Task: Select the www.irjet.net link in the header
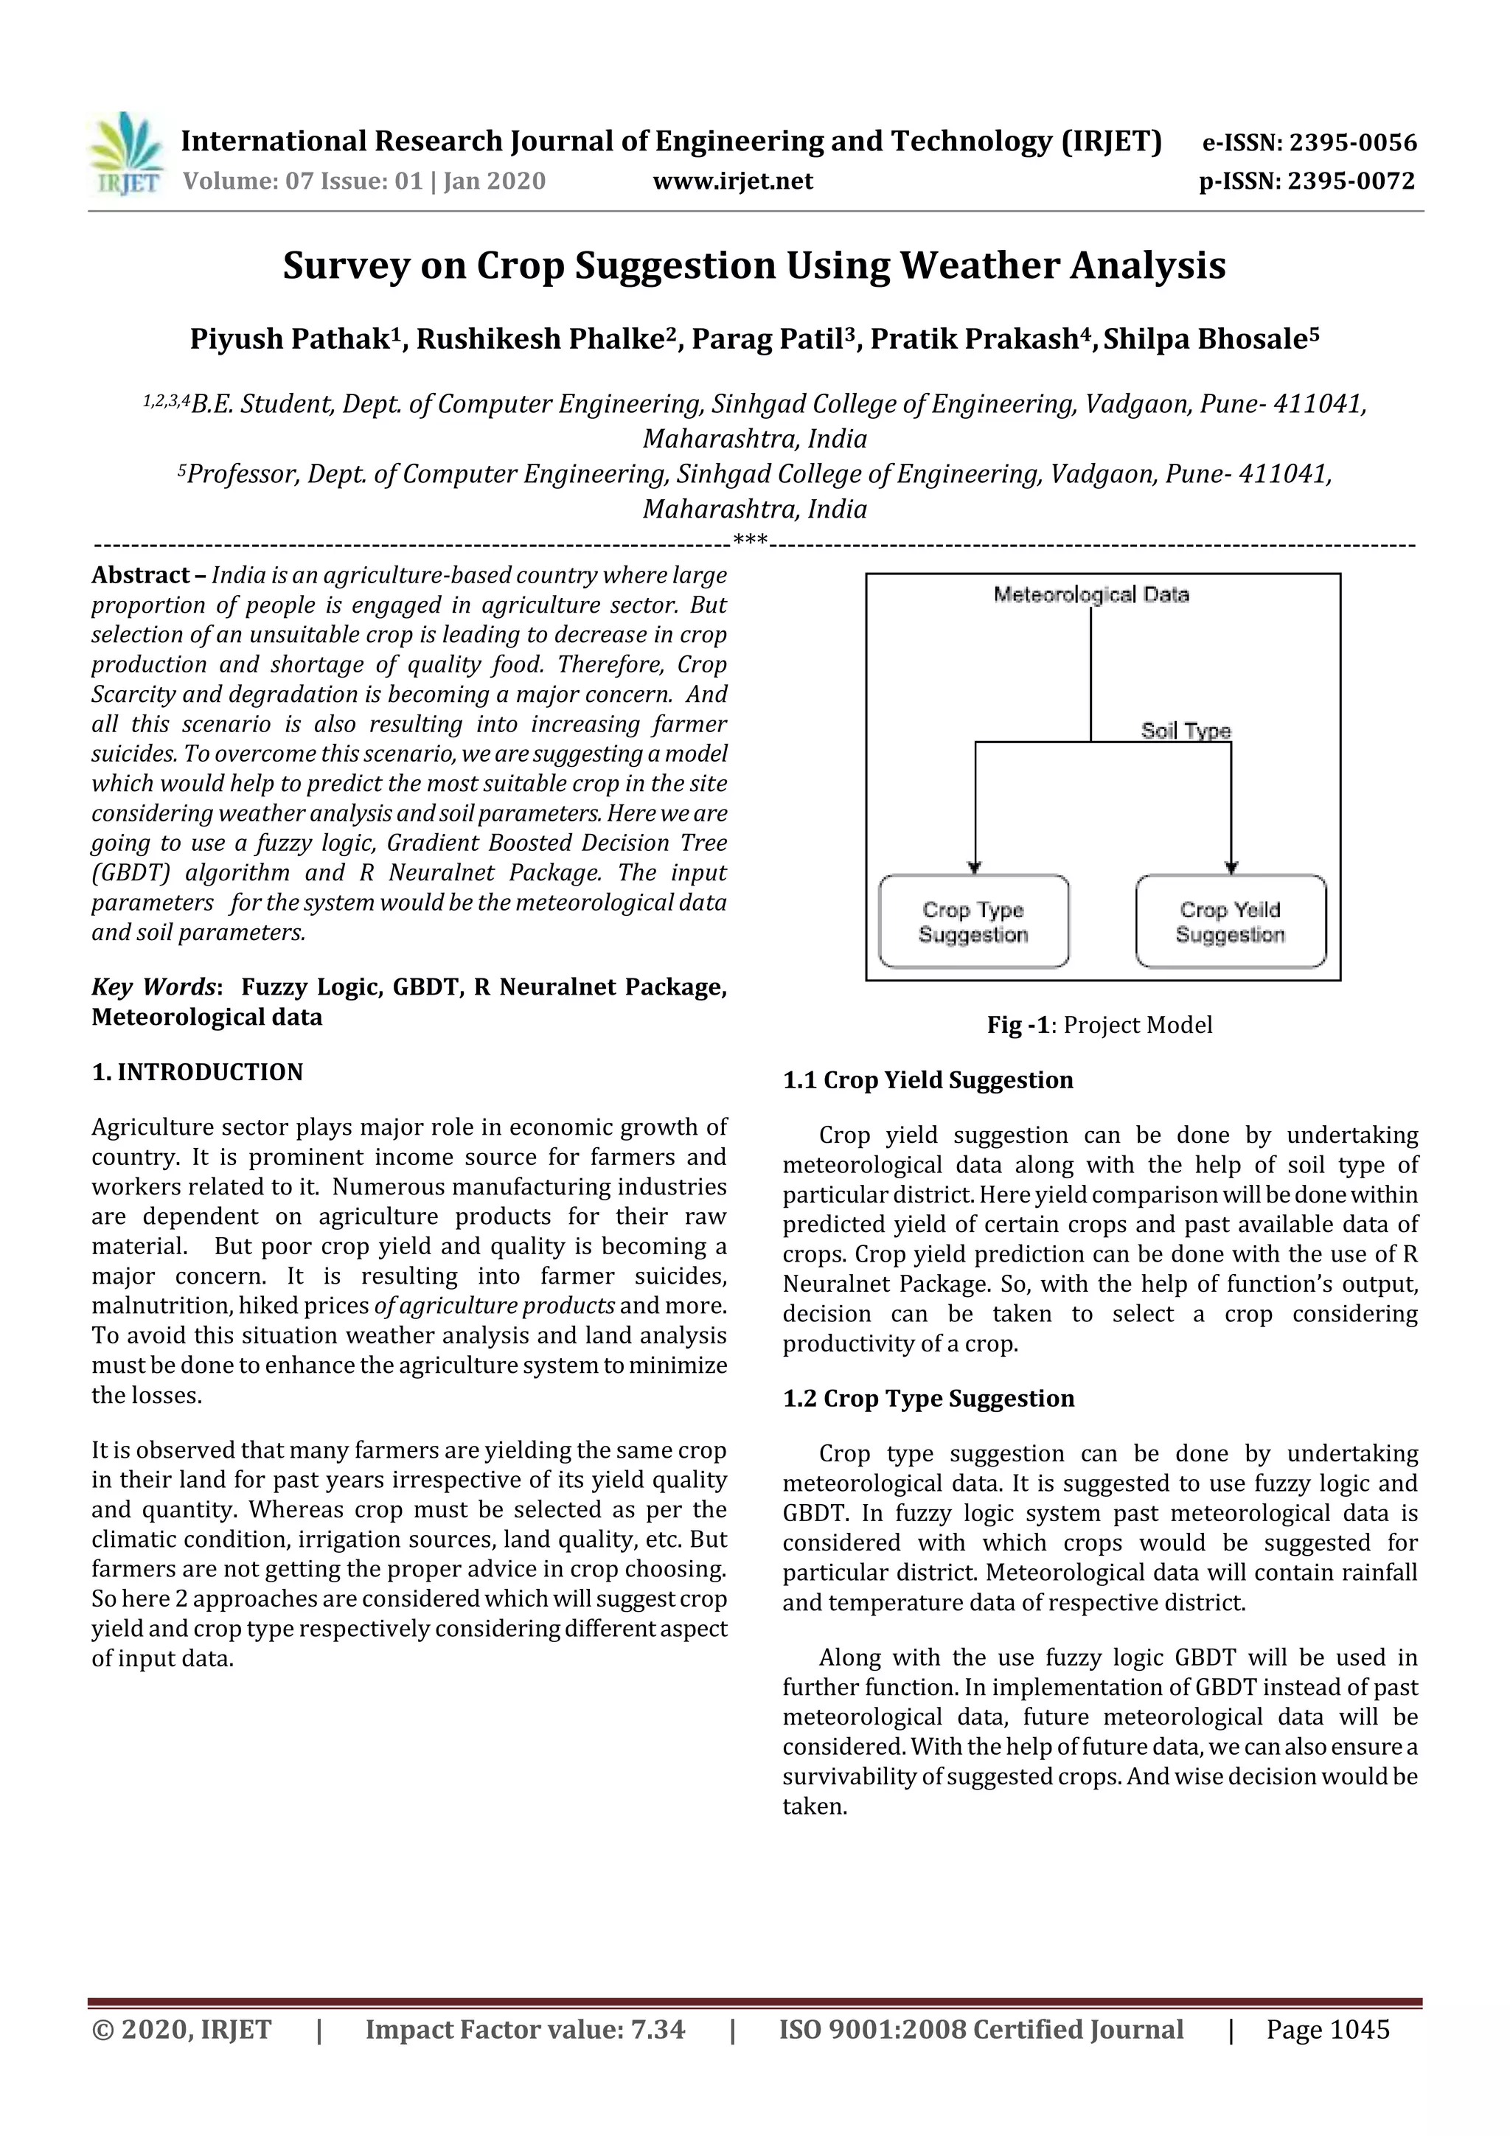[x=732, y=181]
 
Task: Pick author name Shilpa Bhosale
[x=1211, y=338]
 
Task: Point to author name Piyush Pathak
[x=288, y=338]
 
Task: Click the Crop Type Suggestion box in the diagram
[x=973, y=921]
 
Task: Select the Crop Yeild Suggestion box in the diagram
[x=1230, y=921]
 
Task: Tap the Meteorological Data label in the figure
[x=1090, y=594]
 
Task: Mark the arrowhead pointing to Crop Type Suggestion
[x=975, y=867]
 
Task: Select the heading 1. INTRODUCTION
[x=198, y=1072]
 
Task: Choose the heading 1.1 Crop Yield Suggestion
[x=928, y=1080]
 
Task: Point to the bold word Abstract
[x=141, y=575]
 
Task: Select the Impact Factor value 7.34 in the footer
[x=658, y=2029]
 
